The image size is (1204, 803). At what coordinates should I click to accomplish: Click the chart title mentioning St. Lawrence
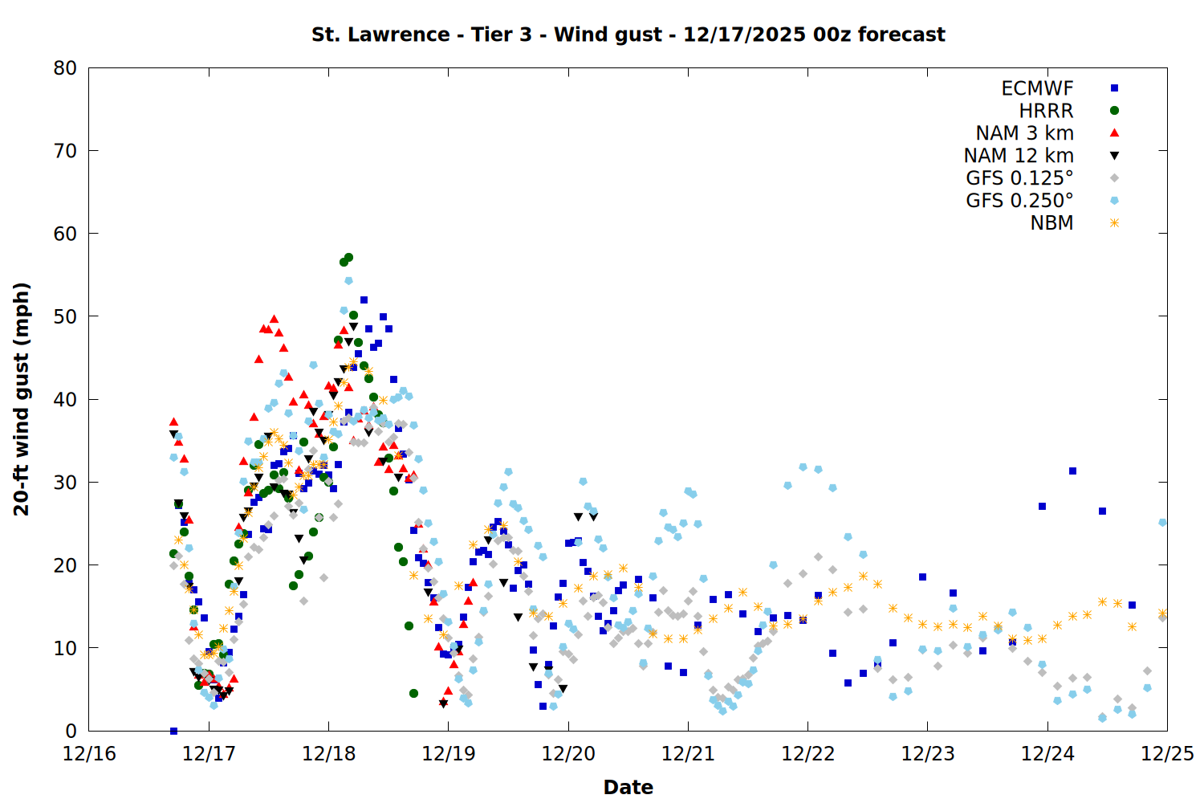tap(628, 35)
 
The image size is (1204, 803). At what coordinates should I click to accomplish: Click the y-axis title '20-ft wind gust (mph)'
tap(22, 399)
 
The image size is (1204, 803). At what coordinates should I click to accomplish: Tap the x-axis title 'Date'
tap(628, 787)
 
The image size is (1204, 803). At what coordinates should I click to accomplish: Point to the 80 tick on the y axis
tap(65, 68)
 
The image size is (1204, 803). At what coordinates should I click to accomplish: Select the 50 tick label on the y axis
tap(65, 316)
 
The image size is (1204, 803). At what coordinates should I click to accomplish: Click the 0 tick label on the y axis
tap(71, 731)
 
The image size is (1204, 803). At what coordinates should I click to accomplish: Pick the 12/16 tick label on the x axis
tap(89, 754)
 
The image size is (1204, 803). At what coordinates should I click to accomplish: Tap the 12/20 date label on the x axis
tap(568, 754)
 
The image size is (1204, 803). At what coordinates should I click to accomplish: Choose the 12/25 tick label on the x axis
tap(1167, 754)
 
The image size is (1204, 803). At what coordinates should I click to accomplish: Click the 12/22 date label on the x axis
tap(807, 754)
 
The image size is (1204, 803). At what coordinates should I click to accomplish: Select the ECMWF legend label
tap(1037, 88)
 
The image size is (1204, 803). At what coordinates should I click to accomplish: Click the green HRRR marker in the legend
tap(1114, 111)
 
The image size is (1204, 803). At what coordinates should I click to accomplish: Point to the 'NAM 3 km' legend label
tap(1024, 133)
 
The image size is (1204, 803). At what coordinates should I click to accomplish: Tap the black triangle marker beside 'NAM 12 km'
tap(1114, 156)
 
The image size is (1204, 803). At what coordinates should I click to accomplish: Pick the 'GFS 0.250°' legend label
tap(1019, 201)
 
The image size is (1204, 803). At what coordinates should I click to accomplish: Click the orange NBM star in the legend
tap(1114, 223)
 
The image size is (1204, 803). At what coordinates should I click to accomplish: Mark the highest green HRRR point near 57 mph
tap(348, 258)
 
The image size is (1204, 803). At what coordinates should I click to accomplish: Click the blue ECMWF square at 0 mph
tap(173, 731)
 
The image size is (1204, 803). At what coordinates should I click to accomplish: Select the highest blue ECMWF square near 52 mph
tap(364, 300)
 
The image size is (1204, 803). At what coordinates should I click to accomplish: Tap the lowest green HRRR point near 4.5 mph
tap(413, 693)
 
